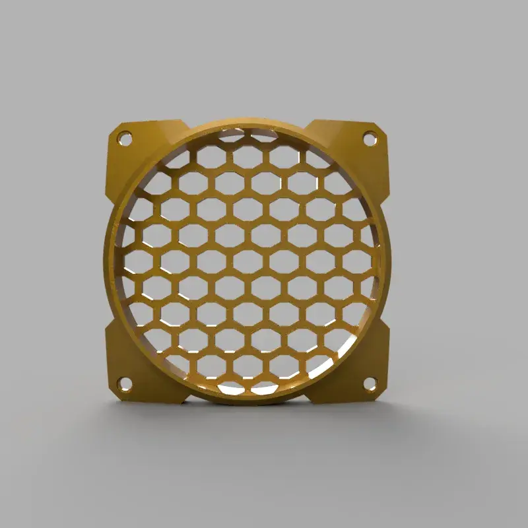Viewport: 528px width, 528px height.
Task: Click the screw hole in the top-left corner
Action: point(123,139)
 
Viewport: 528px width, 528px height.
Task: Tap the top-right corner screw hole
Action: point(370,138)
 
